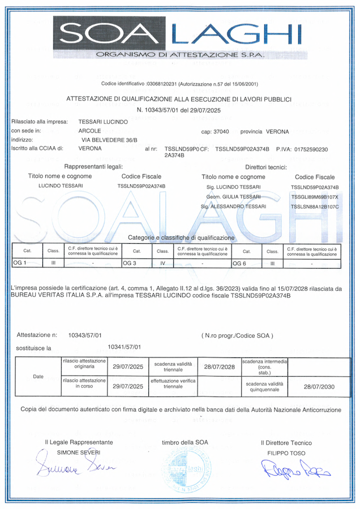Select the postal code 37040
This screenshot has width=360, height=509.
click(x=219, y=131)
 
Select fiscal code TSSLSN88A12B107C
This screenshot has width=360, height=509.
click(x=315, y=206)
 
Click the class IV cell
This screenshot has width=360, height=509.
click(x=162, y=264)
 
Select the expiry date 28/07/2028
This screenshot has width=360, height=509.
click(x=220, y=366)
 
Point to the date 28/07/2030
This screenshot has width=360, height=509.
click(x=319, y=387)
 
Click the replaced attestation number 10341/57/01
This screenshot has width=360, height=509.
click(x=124, y=347)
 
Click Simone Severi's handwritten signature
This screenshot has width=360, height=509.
click(x=75, y=467)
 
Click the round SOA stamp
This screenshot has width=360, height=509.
click(x=194, y=469)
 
